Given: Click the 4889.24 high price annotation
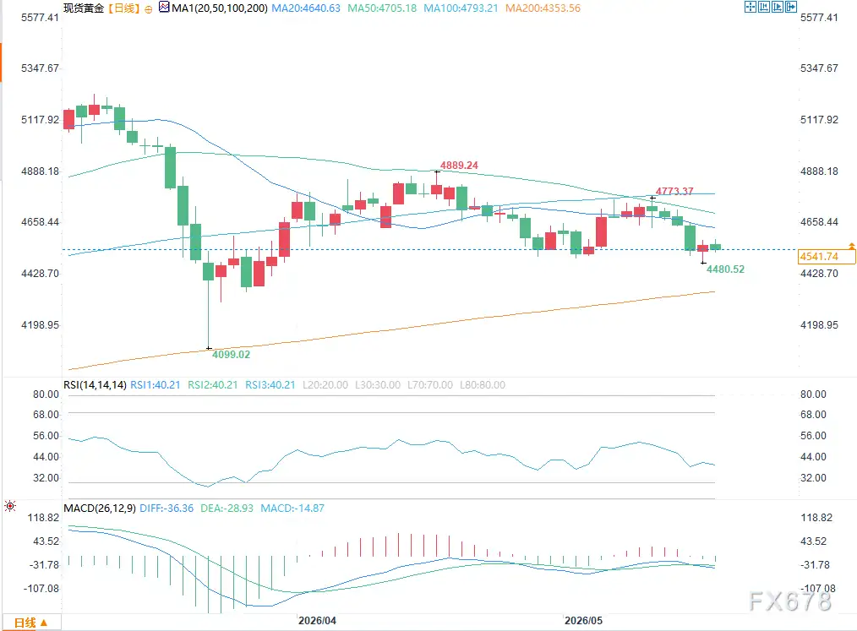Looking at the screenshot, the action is pos(459,165).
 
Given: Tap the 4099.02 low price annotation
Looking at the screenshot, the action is pos(232,354).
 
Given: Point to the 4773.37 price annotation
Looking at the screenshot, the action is pos(674,191).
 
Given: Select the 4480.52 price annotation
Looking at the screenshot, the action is pos(725,269).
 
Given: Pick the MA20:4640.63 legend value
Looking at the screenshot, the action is pos(306,8).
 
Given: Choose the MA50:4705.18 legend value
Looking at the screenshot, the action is pos(382,8).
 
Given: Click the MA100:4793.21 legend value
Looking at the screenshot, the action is pos(461,8).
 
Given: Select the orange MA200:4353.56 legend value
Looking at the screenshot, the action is pos(543,8).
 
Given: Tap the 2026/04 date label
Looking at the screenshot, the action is pos(317,621).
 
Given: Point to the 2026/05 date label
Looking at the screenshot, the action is pos(583,621).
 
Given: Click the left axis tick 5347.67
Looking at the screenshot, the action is pos(40,68).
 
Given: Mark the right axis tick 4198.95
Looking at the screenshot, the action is pos(819,325).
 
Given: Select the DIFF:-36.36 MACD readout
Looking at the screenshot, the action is pos(166,508).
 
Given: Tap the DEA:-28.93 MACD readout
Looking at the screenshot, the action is pos(227,508).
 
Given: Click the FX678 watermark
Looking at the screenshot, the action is pos(790,601).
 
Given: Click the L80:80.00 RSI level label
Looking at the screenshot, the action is pos(483,385).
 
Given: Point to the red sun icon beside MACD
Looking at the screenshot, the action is pos(10,507).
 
